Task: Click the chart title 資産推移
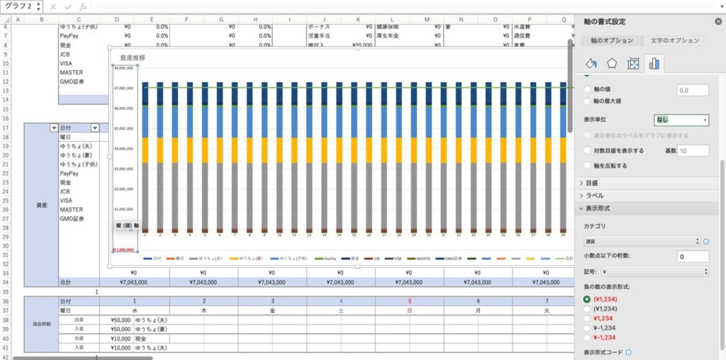click(x=133, y=57)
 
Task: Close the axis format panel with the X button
click(x=718, y=22)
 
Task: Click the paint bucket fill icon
click(x=591, y=64)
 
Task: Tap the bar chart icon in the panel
click(x=654, y=64)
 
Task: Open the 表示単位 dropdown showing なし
click(x=681, y=120)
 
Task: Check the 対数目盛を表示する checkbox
click(x=587, y=150)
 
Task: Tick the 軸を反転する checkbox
click(x=587, y=165)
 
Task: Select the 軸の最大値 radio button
click(x=587, y=101)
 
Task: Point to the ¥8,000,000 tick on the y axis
click(x=123, y=69)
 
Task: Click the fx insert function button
click(x=84, y=6)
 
